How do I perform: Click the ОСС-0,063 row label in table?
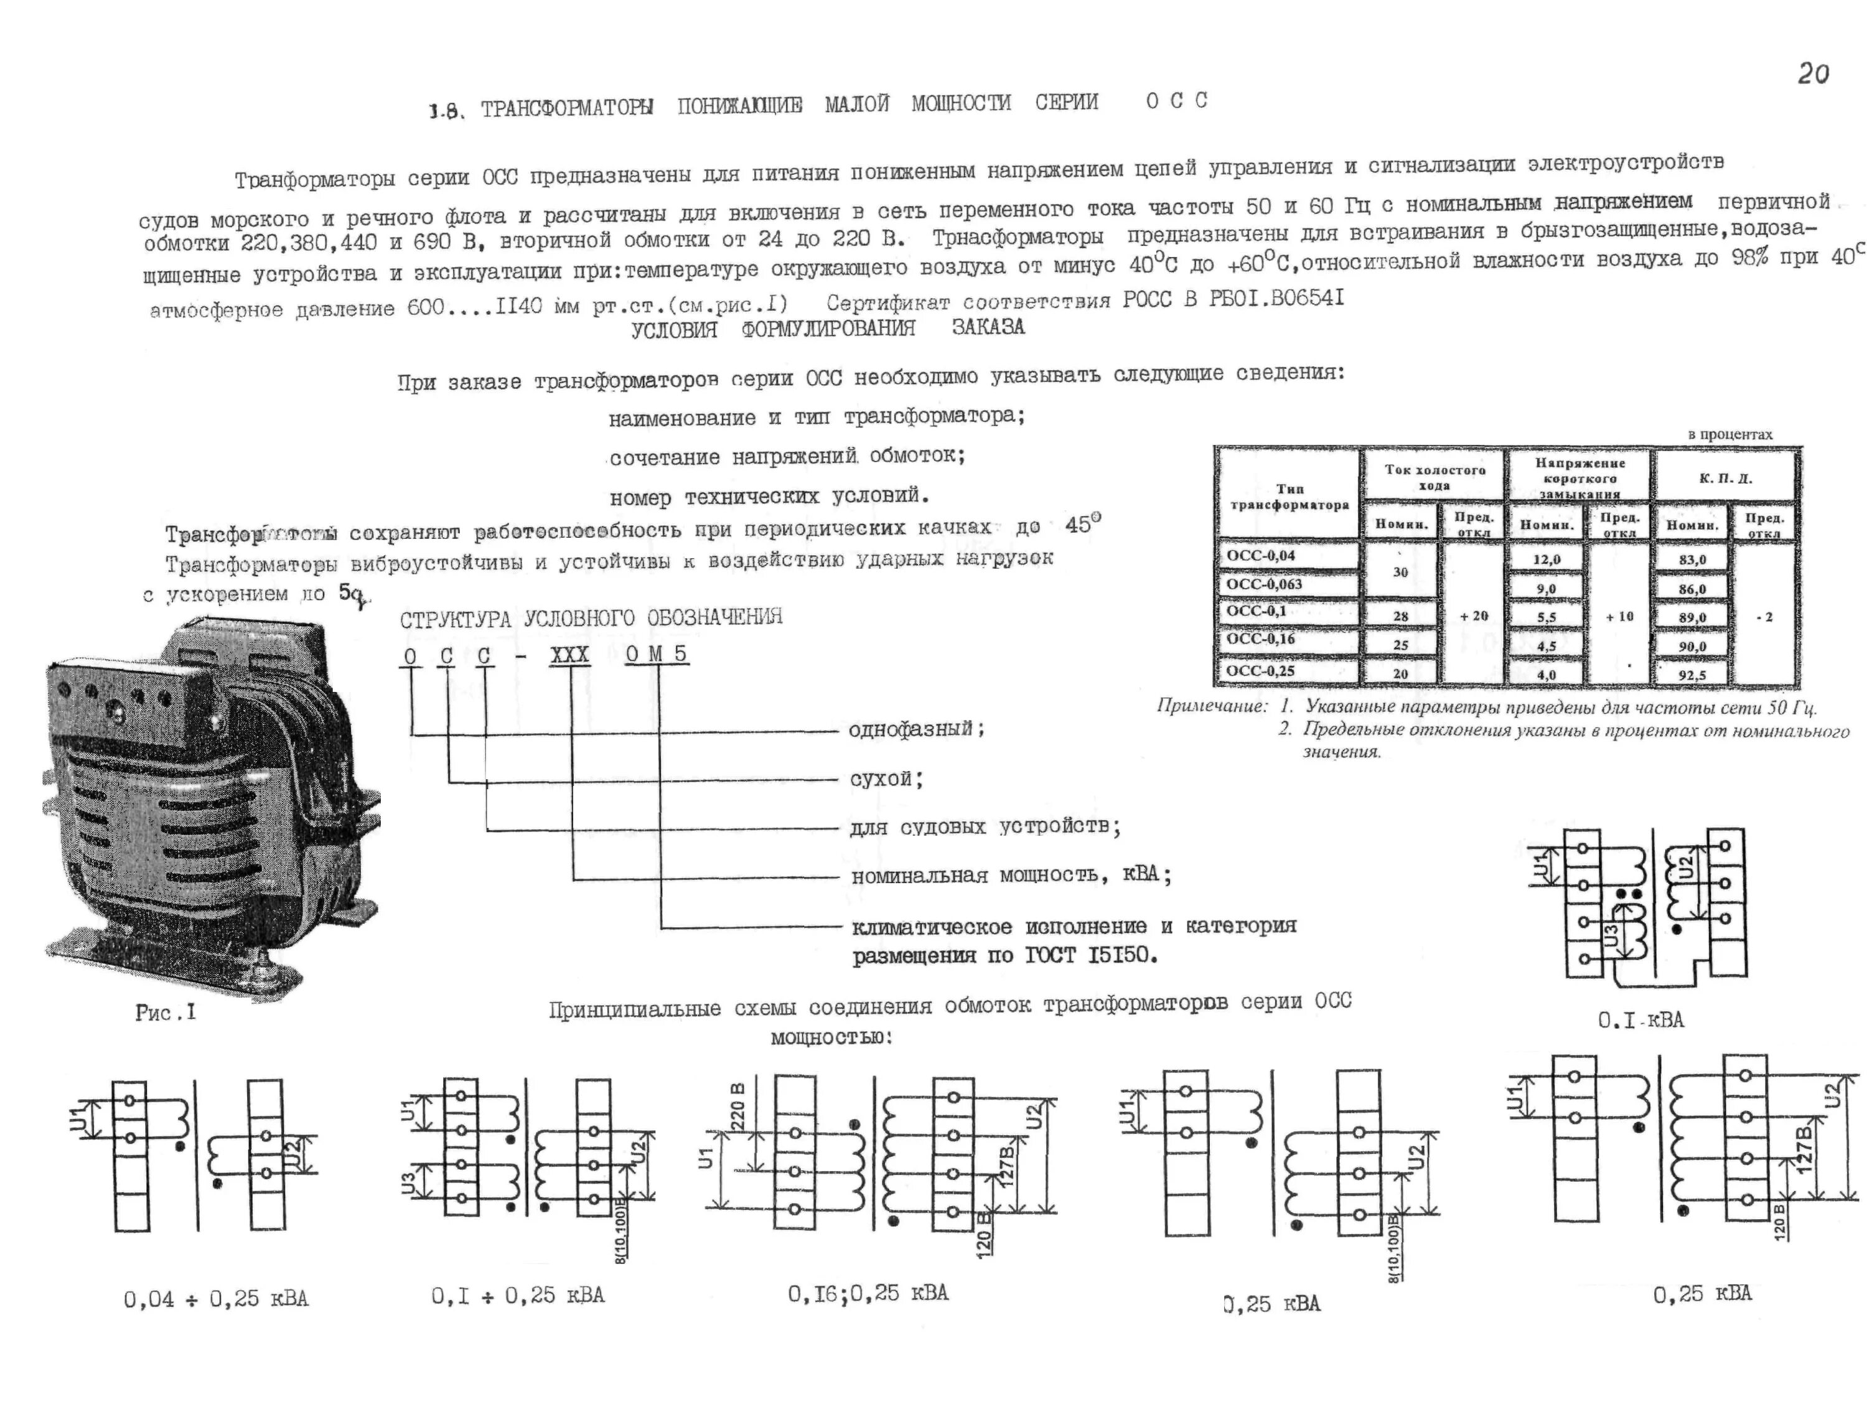click(x=1264, y=584)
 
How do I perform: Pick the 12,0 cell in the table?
click(x=1546, y=559)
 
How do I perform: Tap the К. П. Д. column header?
click(x=1725, y=478)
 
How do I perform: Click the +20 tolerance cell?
click(x=1474, y=616)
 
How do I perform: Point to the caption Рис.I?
click(x=166, y=1013)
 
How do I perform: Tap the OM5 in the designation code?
click(x=657, y=655)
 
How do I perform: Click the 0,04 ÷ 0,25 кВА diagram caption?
click(x=216, y=1299)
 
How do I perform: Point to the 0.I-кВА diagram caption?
click(x=1640, y=1020)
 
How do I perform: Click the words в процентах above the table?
click(x=1729, y=434)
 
